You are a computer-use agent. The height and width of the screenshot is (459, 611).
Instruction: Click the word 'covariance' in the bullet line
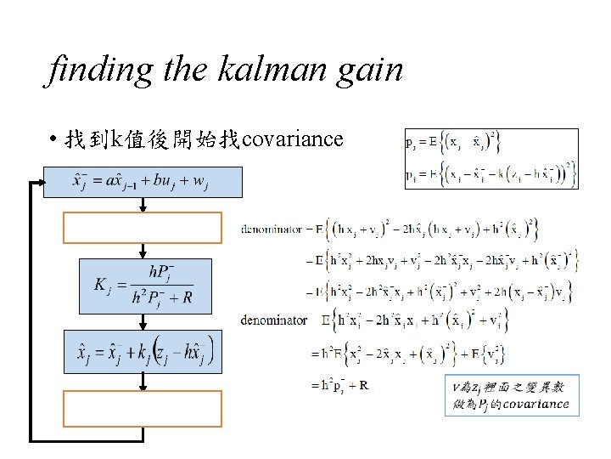(x=293, y=139)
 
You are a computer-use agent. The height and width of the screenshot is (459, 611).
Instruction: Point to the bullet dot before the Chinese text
(x=53, y=139)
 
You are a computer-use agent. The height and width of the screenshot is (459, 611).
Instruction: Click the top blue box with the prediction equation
(x=143, y=182)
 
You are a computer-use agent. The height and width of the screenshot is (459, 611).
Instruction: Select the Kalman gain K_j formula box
(x=143, y=285)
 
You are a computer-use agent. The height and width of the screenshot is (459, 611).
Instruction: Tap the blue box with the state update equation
(x=143, y=351)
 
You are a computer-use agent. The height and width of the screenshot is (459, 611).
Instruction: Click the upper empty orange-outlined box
(x=143, y=227)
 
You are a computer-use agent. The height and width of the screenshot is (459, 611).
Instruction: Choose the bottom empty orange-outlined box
(x=143, y=408)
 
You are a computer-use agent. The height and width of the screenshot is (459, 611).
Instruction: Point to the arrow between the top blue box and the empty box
(x=143, y=205)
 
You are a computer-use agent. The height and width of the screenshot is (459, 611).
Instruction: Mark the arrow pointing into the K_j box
(x=143, y=252)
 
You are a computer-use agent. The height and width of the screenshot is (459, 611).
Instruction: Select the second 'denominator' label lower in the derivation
(x=273, y=320)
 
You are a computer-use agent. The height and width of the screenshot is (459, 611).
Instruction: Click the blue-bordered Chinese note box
(x=512, y=394)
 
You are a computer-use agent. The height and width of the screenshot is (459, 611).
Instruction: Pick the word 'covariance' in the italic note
(x=535, y=404)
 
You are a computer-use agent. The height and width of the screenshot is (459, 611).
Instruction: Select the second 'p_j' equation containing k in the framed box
(x=490, y=175)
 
